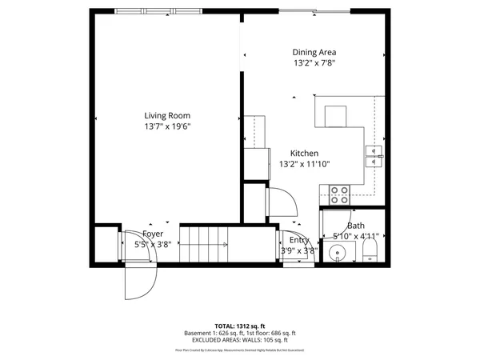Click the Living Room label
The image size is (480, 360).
[x=167, y=114]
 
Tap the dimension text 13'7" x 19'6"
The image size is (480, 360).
[x=167, y=126]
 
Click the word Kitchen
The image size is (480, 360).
[x=304, y=153]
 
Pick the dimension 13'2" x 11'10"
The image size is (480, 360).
[x=304, y=164]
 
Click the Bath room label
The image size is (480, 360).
[x=355, y=226]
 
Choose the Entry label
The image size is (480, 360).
[x=299, y=240]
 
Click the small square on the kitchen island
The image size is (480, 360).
[x=336, y=114]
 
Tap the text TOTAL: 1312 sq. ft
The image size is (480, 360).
[x=239, y=326]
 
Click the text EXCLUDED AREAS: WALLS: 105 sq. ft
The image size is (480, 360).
[x=239, y=340]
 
